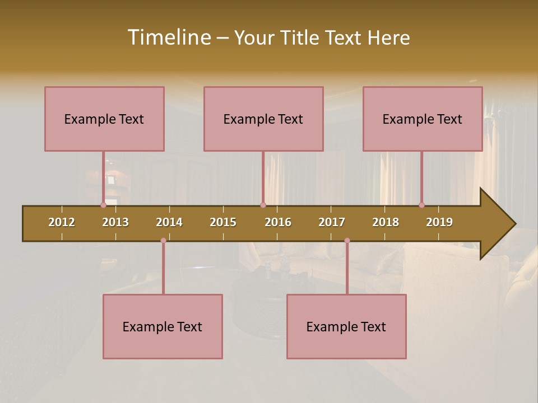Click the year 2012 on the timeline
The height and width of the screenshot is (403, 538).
[x=62, y=223]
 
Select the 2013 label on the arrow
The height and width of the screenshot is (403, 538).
[x=115, y=223]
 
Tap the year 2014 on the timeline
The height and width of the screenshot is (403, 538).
[x=169, y=223]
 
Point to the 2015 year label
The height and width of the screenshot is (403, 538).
[x=223, y=223]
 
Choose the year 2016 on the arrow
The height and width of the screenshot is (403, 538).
[x=278, y=223]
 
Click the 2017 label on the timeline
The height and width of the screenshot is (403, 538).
[x=332, y=223]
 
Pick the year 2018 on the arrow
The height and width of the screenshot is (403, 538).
[x=386, y=223]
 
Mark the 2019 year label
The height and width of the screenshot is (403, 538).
[x=439, y=223]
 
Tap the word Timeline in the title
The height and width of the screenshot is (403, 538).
[x=169, y=38]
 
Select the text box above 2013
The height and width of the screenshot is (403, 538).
[x=104, y=119]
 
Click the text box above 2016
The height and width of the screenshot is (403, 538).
[x=263, y=119]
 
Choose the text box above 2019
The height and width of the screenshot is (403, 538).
[x=423, y=119]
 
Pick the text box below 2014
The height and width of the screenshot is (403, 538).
[x=163, y=326]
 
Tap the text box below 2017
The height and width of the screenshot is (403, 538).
[x=346, y=326]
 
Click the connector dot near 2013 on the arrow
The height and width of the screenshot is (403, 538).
[x=103, y=205]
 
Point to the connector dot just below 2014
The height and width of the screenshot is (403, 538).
[x=163, y=241]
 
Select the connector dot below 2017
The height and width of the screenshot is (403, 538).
[x=347, y=241]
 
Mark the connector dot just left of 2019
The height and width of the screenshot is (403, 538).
[x=421, y=205]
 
